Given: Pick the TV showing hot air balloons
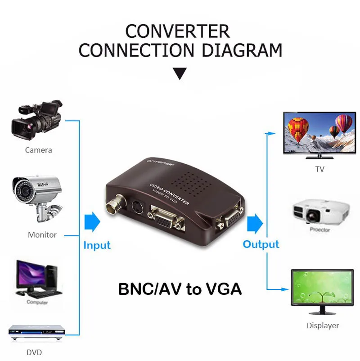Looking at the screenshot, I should pos(317,134).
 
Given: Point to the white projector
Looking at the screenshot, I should pos(321,210).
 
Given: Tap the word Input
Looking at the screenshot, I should pos(97,245).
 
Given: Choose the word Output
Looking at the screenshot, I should pos(261,244).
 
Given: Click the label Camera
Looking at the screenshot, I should pos(38,150).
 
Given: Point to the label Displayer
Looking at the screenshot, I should pos(323,325).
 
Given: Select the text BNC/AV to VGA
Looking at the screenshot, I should pos(180,289).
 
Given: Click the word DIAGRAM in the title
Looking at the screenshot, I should pos(242,50).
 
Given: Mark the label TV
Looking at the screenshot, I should pos(319,169).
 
